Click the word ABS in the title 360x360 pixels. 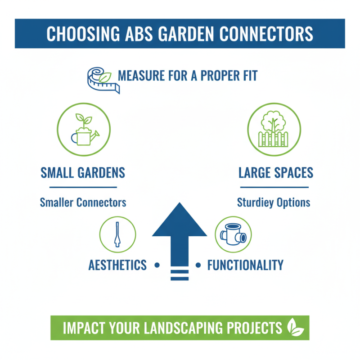pos(130,34)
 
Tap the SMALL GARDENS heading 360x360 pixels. pos(83,172)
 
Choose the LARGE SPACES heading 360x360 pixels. pos(275,172)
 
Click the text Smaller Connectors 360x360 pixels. pos(83,202)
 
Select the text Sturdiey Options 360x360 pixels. pos(274,202)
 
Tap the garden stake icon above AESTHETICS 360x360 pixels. pos(117,234)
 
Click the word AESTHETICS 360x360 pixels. pos(118,265)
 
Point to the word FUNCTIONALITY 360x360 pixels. pos(245,265)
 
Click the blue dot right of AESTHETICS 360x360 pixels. pos(157,265)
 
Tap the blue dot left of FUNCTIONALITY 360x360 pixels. pos(198,265)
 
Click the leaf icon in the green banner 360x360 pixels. pos(296,328)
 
